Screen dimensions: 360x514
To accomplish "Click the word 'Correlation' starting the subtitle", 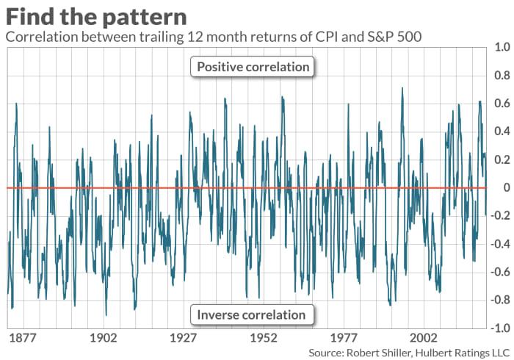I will (41, 37).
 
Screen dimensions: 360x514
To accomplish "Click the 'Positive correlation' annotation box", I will (253, 68).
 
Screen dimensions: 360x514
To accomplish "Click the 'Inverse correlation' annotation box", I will (252, 314).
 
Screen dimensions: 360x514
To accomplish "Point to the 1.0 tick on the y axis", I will (502, 47).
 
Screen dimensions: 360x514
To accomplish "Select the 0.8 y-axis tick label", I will (502, 75).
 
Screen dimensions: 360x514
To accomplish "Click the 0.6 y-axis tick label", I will (502, 103).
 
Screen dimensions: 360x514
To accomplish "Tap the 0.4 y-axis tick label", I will (502, 132).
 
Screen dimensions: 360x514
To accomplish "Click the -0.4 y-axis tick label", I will (499, 244).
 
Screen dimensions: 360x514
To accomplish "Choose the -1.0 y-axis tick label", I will (499, 328).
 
